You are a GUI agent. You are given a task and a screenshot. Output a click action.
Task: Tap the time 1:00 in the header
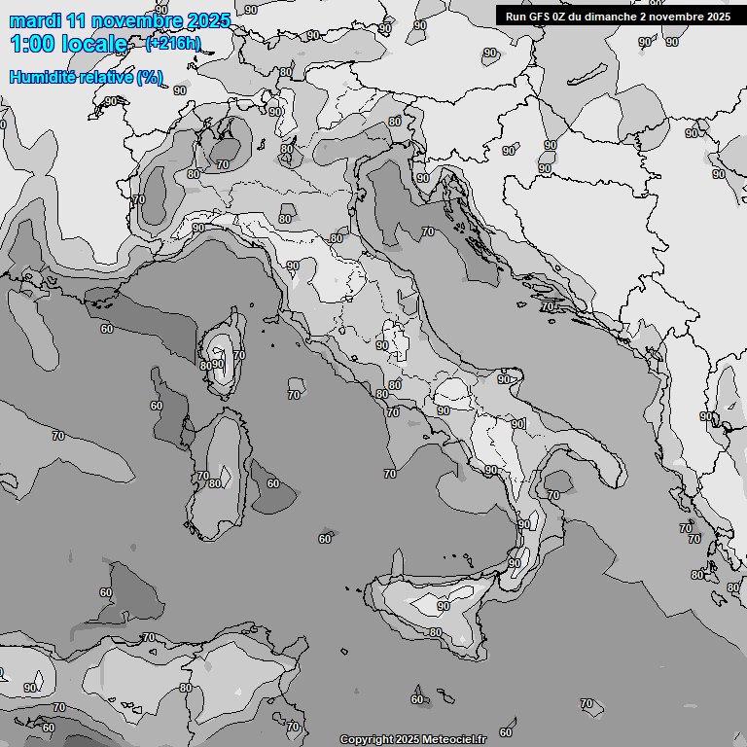32,44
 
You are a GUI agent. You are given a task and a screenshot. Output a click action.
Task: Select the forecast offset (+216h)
173,43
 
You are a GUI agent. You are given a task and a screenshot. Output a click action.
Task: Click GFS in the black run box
542,16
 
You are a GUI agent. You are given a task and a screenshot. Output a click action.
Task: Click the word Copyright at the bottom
367,740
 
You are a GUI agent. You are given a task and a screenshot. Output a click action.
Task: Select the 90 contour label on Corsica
219,365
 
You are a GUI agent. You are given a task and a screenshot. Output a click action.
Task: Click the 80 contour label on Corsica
204,366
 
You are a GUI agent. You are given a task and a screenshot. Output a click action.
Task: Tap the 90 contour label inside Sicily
444,606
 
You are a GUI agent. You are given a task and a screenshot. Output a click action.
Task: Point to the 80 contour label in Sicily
436,632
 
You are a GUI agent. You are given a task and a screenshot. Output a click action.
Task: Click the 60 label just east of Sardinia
273,483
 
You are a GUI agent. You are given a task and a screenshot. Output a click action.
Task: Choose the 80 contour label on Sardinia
214,483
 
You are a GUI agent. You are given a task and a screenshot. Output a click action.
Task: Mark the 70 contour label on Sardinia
202,476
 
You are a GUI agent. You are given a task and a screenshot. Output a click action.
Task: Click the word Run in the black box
516,16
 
